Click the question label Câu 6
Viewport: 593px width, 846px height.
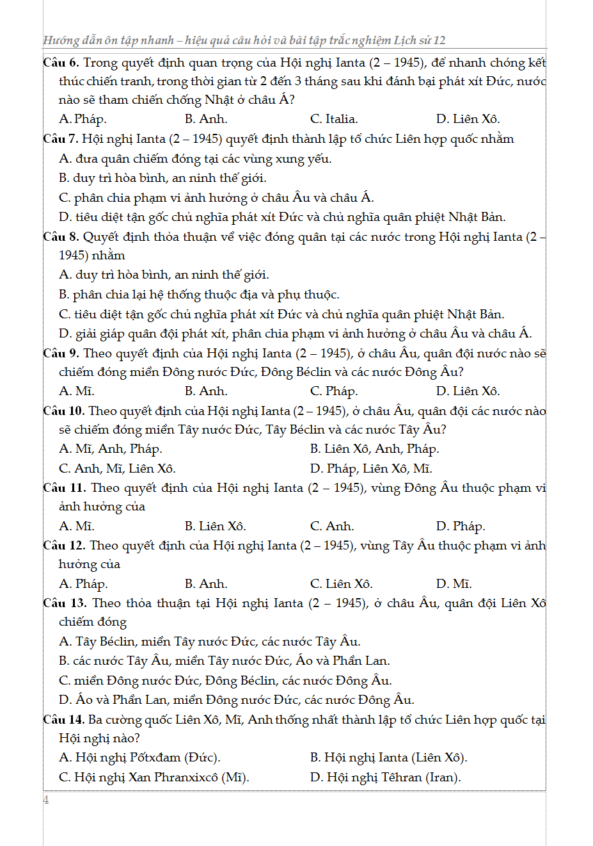click(61, 63)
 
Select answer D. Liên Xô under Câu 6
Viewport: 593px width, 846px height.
click(468, 119)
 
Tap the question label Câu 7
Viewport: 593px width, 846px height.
click(61, 139)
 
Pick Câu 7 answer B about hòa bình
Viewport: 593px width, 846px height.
click(162, 178)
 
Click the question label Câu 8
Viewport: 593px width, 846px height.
click(61, 237)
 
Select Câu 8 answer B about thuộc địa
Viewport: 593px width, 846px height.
click(199, 295)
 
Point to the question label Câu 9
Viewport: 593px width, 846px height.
click(61, 354)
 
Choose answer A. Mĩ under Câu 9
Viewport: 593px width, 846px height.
click(76, 391)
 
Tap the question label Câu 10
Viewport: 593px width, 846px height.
click(63, 411)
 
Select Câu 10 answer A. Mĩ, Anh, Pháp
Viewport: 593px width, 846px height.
click(110, 449)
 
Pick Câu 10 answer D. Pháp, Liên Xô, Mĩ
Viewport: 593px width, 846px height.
click(371, 469)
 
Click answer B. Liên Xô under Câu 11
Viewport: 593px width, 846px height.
click(215, 526)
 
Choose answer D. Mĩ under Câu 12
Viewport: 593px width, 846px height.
click(454, 584)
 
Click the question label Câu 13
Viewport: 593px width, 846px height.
click(64, 603)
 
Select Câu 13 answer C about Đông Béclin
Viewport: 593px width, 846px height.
click(225, 681)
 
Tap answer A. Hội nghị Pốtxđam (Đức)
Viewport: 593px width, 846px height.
click(139, 758)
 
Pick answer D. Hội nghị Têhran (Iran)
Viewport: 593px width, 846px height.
click(385, 777)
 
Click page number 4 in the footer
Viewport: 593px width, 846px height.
click(46, 800)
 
